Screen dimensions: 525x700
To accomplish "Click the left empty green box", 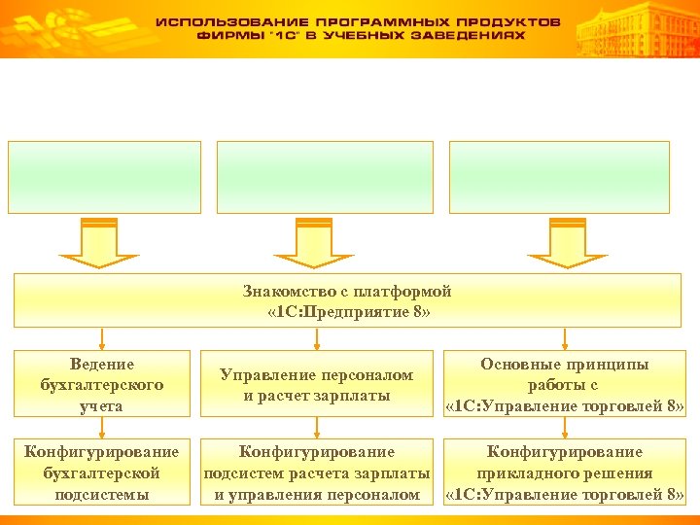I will (105, 177).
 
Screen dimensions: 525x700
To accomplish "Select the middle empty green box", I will (324, 177).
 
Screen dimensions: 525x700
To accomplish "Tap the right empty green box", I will (559, 177).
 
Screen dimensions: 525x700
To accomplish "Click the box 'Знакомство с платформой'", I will (348, 301).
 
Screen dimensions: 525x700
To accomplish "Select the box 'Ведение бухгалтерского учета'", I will (102, 385).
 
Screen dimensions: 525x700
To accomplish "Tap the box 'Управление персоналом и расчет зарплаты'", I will (316, 385).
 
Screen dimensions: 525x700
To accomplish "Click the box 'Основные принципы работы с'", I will (564, 385).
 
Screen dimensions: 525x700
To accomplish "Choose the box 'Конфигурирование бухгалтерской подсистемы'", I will (102, 473).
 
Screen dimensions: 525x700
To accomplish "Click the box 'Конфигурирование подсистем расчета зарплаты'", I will (316, 473).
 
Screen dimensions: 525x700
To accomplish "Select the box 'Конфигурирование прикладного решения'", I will (564, 473).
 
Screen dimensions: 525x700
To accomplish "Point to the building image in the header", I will (637, 29).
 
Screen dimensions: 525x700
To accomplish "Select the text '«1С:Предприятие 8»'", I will (348, 312).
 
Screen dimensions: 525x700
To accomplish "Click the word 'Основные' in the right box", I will (516, 365).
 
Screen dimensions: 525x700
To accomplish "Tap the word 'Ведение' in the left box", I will (102, 365).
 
